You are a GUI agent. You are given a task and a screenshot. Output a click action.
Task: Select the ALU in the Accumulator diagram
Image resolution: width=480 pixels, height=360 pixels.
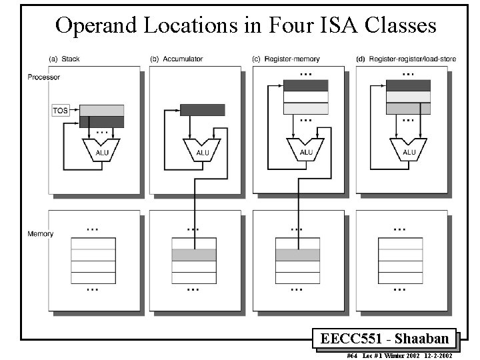coord(203,151)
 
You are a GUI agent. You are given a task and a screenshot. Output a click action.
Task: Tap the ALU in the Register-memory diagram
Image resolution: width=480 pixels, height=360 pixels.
coord(306,151)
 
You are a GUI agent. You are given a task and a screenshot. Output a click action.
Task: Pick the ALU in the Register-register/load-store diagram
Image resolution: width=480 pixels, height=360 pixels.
coord(409,151)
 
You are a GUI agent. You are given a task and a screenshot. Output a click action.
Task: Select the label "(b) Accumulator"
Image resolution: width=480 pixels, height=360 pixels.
coord(177,59)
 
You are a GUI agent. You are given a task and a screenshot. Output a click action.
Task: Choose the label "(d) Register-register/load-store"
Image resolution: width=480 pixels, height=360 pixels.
coord(401,59)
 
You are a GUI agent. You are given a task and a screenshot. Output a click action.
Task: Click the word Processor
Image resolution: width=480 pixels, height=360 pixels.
coord(43,77)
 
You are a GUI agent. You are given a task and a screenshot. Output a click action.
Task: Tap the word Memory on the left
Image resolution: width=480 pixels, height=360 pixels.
coord(40,234)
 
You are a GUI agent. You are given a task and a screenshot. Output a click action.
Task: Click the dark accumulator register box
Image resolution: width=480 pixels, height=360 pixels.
coord(203,110)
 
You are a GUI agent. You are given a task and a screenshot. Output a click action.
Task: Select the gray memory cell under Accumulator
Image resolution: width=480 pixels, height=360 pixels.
coord(194,255)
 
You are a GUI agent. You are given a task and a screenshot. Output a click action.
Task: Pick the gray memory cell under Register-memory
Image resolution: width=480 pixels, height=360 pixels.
coord(297,255)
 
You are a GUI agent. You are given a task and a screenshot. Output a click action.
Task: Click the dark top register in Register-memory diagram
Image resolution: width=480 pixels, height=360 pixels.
coord(306,85)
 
